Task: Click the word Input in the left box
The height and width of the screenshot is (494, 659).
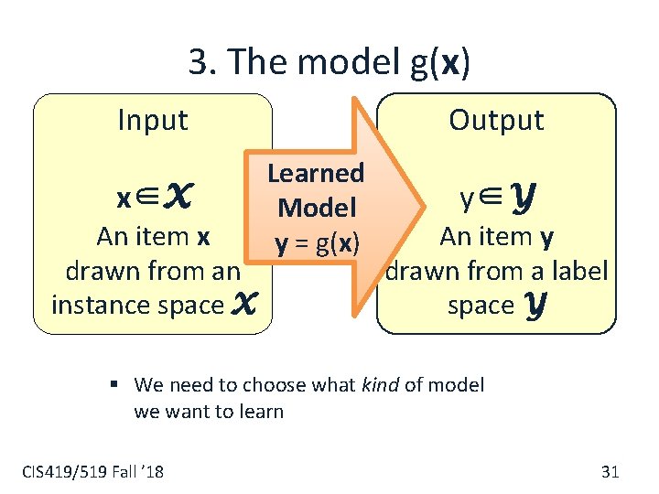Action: pyautogui.click(x=153, y=120)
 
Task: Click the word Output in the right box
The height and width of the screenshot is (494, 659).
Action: pyautogui.click(x=496, y=120)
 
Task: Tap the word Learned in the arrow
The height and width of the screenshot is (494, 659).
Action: pyautogui.click(x=315, y=173)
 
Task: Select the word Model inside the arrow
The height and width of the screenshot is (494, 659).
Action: pyautogui.click(x=316, y=208)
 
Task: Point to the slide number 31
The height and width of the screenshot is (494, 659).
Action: pyautogui.click(x=610, y=472)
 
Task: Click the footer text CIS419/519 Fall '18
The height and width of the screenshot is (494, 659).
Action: pyautogui.click(x=92, y=472)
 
